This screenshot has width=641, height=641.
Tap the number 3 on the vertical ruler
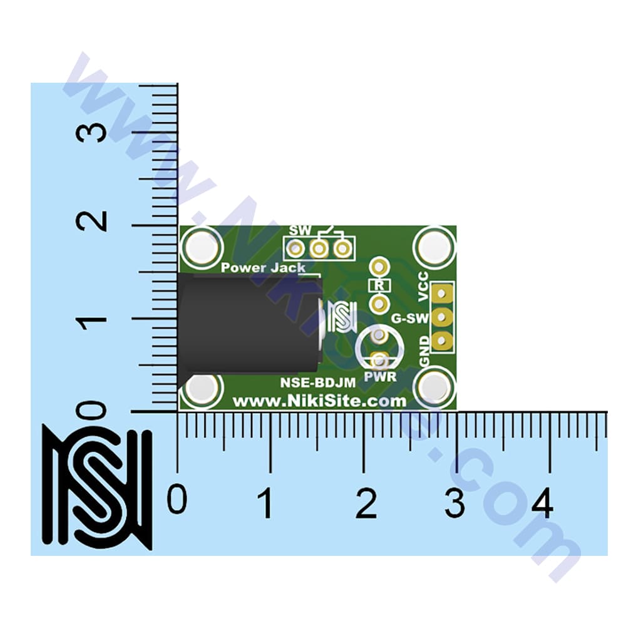91,132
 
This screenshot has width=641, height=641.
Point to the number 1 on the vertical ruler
91,318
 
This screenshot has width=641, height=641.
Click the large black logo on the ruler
97,488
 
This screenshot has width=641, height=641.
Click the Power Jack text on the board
263,268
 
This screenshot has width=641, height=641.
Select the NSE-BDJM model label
317,382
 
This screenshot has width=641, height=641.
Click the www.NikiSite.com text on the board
319,401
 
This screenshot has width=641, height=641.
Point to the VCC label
423,286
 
